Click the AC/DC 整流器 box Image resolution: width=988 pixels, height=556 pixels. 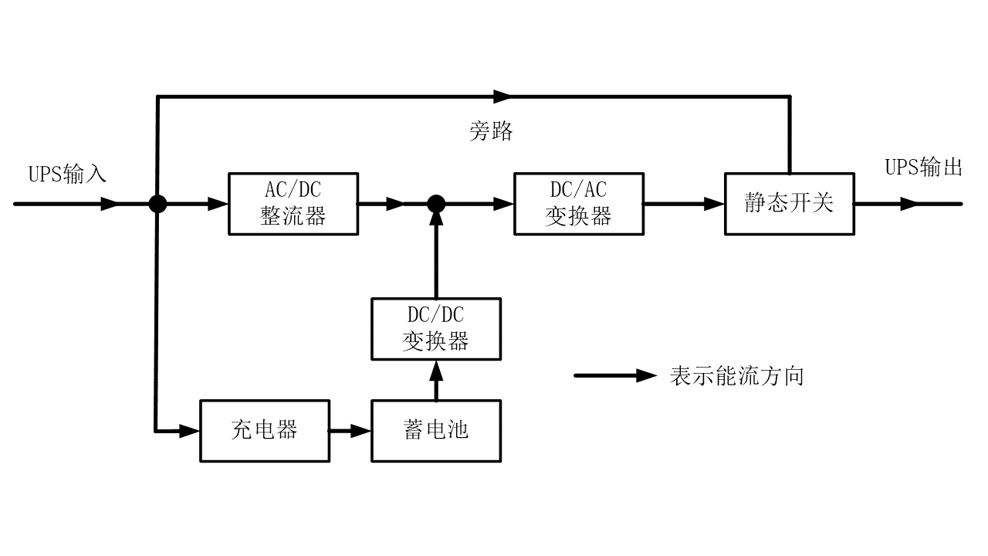click(293, 204)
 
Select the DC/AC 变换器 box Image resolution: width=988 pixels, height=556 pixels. click(579, 204)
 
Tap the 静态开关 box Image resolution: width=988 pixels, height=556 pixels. click(789, 204)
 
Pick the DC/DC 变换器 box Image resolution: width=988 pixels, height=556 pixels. click(436, 329)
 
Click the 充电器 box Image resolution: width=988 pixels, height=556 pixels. click(265, 431)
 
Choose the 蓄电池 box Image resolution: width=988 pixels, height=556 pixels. click(436, 431)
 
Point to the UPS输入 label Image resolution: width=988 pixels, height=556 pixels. click(68, 174)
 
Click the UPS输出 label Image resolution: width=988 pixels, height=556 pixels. click(923, 168)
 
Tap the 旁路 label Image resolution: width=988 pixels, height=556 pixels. click(491, 131)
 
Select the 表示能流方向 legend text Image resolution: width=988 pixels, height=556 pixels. click(738, 376)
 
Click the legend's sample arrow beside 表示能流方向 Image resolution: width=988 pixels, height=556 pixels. click(614, 376)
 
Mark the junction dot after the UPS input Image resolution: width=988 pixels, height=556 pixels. click(157, 204)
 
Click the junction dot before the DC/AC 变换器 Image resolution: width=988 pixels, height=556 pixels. click(436, 204)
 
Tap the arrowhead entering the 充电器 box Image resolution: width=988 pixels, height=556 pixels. click(190, 431)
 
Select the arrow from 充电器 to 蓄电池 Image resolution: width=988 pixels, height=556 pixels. click(351, 431)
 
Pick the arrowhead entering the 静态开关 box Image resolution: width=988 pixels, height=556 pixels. click(714, 204)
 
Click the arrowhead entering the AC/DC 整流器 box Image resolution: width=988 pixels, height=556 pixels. click(218, 204)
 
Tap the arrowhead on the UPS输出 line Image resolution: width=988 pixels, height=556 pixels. click(910, 204)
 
